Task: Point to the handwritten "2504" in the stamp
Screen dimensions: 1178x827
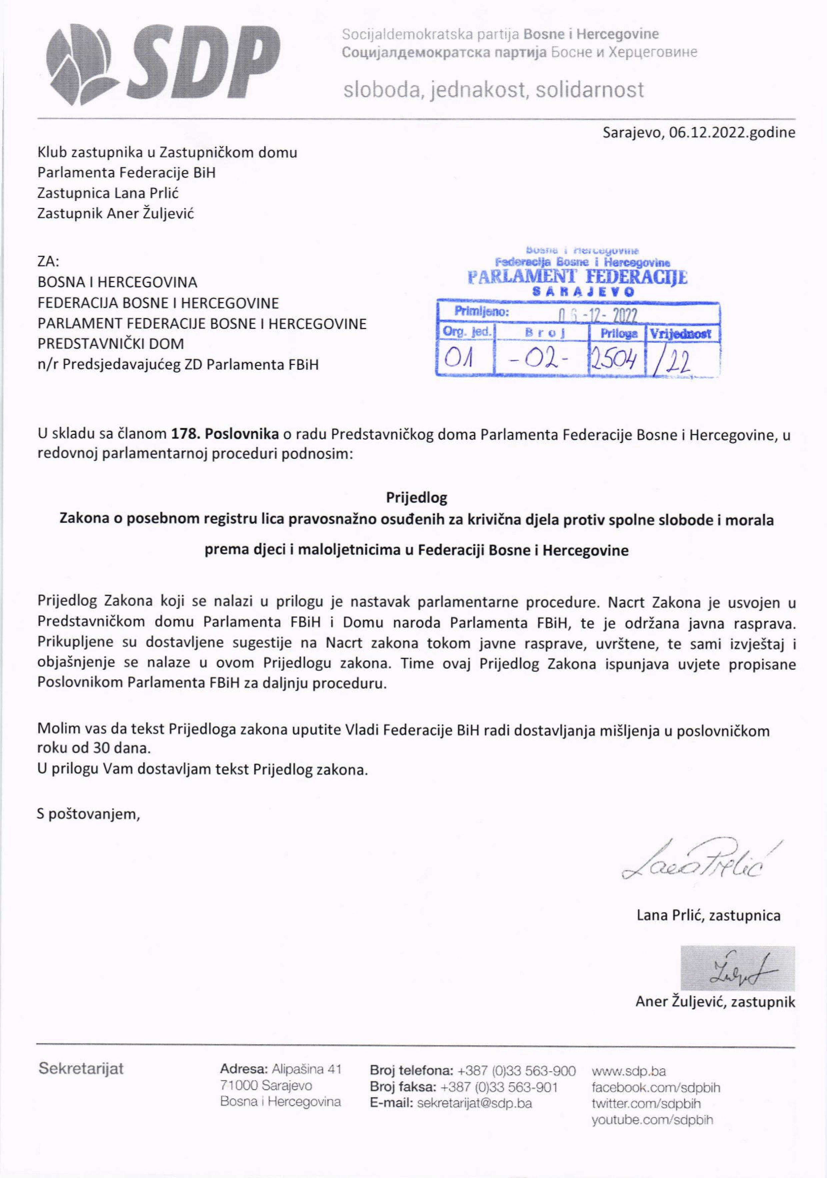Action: click(614, 359)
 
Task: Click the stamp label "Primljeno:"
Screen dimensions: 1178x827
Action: click(481, 312)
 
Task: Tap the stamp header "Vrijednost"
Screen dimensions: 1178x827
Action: click(680, 334)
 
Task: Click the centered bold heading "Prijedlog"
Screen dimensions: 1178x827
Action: click(416, 498)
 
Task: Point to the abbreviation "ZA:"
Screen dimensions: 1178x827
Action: click(48, 262)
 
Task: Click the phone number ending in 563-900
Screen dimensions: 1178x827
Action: click(516, 1071)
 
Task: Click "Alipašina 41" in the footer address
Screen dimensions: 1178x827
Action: click(306, 1069)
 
